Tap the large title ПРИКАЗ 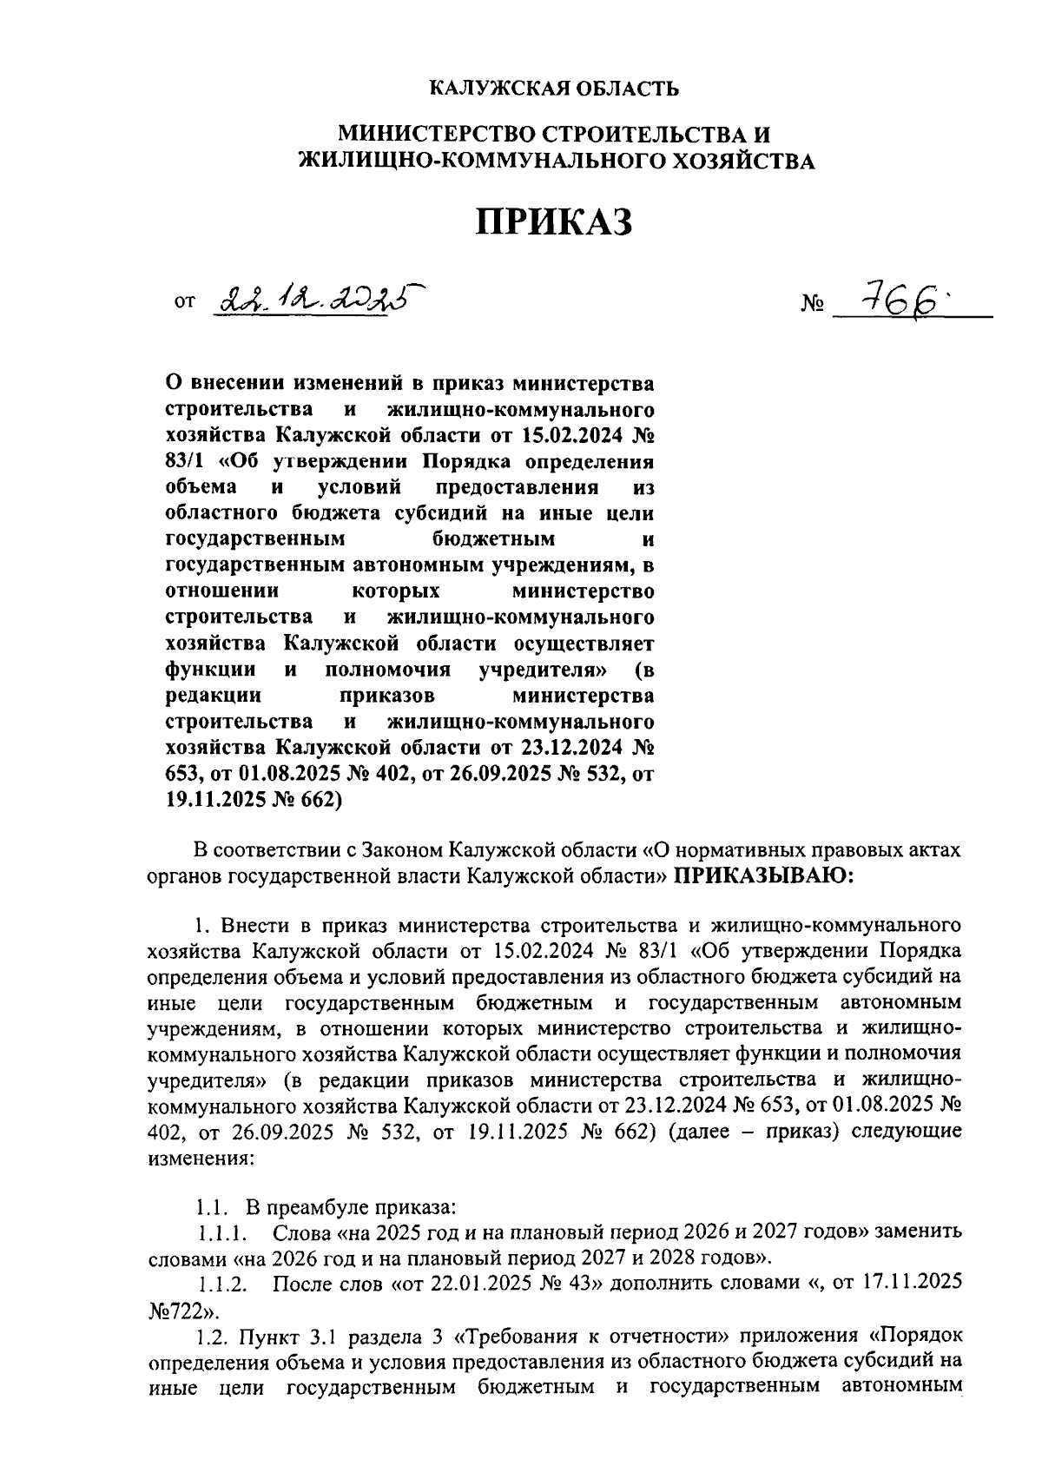pos(554,221)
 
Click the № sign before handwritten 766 pos(812,306)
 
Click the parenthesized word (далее pos(700,1133)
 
